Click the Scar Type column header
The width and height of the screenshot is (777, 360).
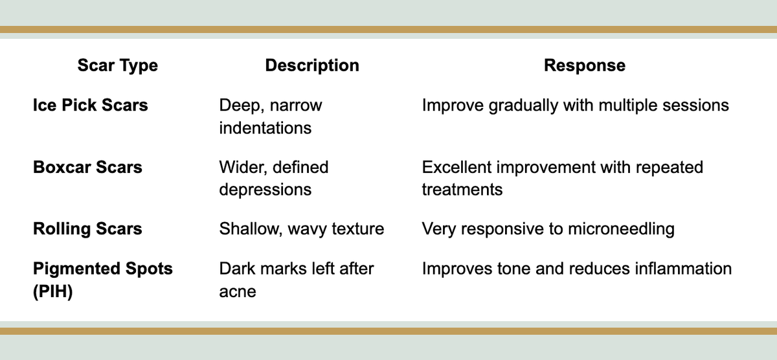117,65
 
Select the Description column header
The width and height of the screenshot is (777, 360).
312,65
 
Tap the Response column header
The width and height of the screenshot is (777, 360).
585,65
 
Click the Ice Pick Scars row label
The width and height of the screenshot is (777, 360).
90,105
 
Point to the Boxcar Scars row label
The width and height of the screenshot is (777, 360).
87,167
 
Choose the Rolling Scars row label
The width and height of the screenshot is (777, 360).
87,229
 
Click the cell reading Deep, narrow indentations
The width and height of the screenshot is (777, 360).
271,116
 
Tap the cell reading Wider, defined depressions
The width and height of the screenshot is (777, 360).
274,178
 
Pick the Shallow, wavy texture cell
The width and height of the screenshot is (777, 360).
301,229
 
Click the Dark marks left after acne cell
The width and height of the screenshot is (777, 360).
297,279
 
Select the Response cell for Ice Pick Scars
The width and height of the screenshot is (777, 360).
575,105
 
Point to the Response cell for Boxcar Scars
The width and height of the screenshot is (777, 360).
562,178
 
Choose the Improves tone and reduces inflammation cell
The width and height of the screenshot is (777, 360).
576,268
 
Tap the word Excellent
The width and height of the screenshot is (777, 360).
457,167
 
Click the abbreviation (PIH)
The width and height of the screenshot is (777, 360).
53,291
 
